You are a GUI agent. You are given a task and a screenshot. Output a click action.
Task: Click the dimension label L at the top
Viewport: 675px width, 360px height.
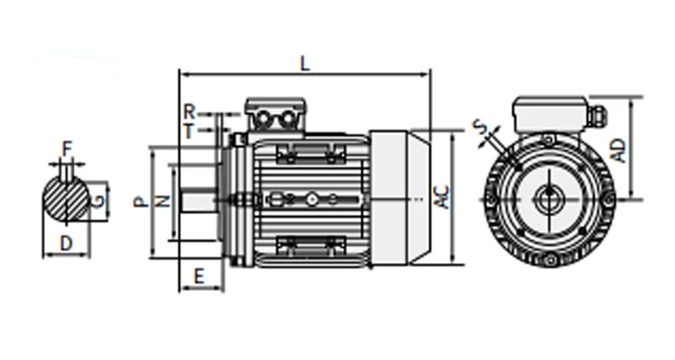click(304, 63)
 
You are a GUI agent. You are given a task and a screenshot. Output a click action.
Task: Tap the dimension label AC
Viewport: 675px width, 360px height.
click(442, 197)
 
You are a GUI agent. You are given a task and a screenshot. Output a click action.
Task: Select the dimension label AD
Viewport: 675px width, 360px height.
click(619, 148)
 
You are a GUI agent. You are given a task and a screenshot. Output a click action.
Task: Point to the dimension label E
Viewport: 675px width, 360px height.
click(198, 275)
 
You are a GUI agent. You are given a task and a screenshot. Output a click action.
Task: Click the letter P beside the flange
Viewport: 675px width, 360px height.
click(140, 201)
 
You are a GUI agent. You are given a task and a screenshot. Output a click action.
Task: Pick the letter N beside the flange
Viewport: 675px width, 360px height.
click(163, 201)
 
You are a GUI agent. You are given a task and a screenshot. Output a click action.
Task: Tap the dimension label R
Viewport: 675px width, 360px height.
click(189, 111)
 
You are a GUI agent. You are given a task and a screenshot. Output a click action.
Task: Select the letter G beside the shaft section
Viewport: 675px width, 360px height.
click(97, 200)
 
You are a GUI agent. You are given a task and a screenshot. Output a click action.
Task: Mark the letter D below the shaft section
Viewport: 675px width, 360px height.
click(66, 242)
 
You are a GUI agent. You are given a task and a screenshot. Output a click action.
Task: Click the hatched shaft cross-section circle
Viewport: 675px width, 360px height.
click(66, 200)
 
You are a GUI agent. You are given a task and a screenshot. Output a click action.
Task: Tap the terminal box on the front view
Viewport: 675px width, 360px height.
click(548, 113)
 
